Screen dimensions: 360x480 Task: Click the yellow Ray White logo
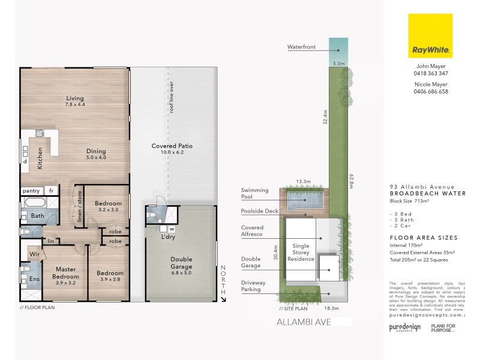click(430, 36)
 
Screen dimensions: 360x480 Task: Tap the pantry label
click(31, 191)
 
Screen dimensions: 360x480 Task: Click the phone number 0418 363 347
click(430, 73)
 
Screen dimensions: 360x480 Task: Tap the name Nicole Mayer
click(430, 84)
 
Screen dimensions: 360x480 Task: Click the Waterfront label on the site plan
click(301, 46)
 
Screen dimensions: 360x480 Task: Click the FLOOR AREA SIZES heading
click(415, 238)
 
